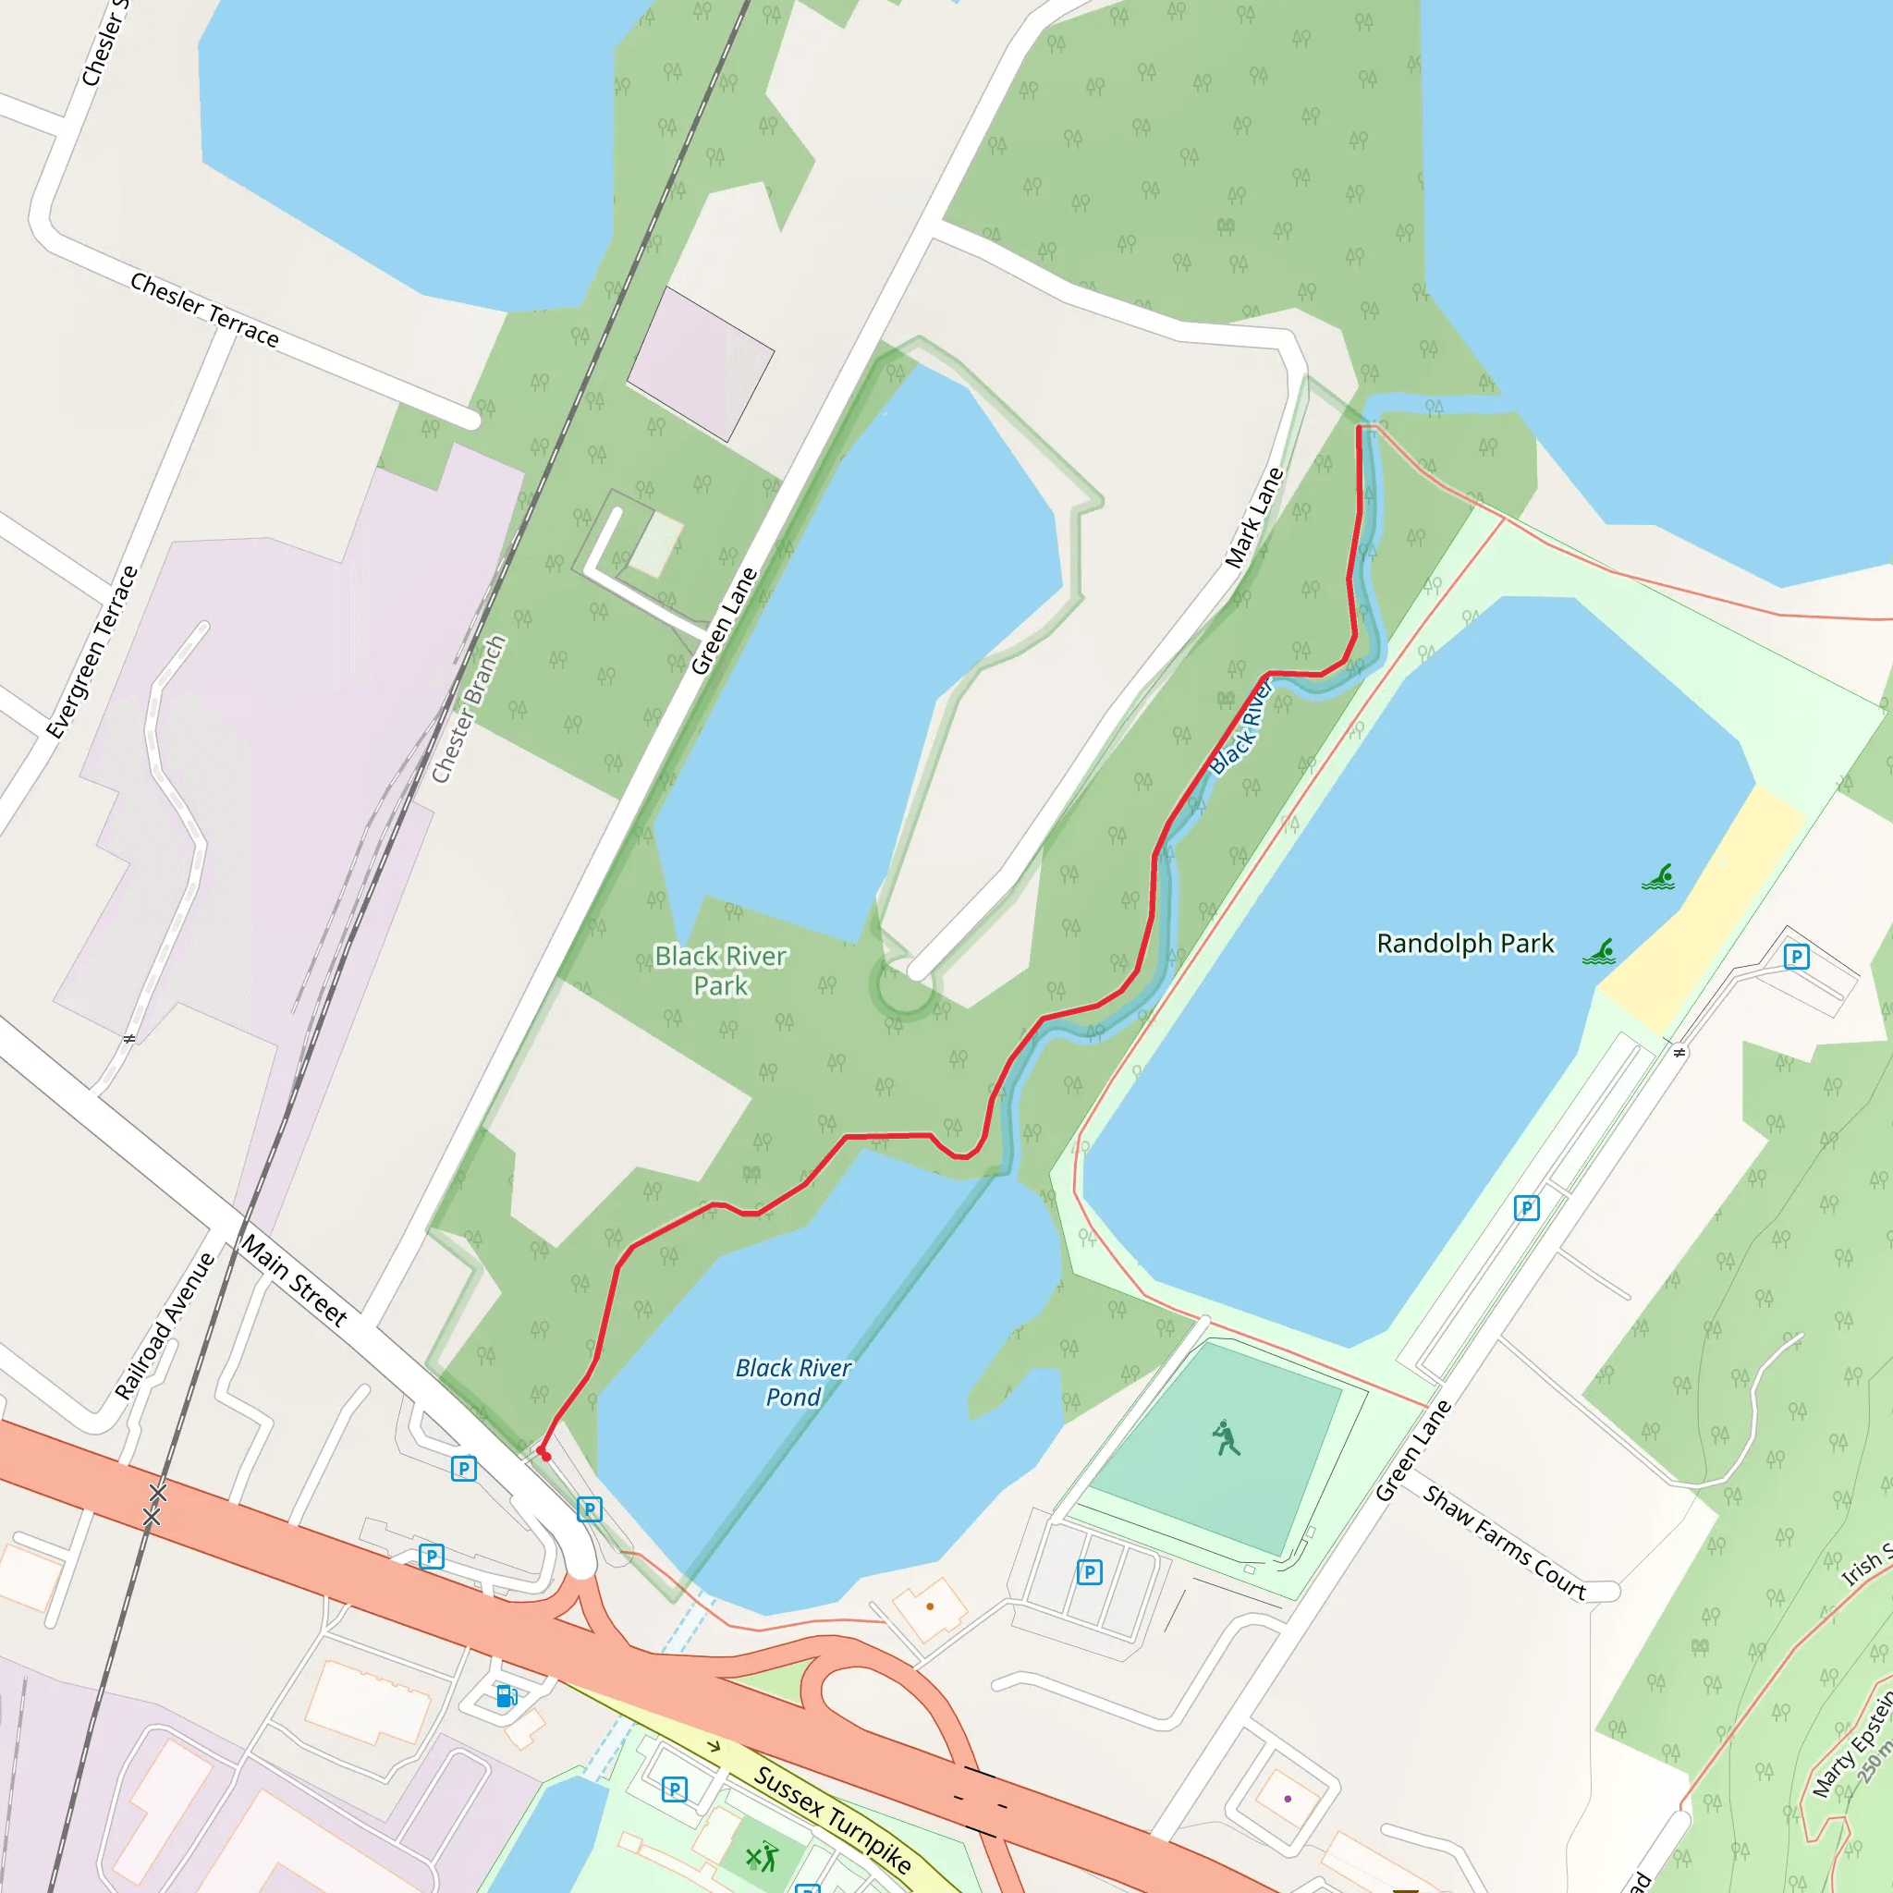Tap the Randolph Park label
pyautogui.click(x=1465, y=944)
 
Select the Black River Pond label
pyautogui.click(x=793, y=1382)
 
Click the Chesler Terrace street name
pyautogui.click(x=205, y=310)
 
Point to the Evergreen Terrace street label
pyautogui.click(x=93, y=652)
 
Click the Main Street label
pyautogui.click(x=294, y=1279)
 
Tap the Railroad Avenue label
pyautogui.click(x=165, y=1325)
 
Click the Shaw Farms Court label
pyautogui.click(x=1504, y=1544)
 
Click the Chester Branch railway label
pyautogui.click(x=470, y=708)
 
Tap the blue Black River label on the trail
pyautogui.click(x=1240, y=727)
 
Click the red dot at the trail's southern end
pyautogui.click(x=545, y=1457)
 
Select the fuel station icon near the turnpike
pyautogui.click(x=507, y=1696)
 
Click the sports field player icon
pyautogui.click(x=1225, y=1438)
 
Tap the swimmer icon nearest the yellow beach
pyautogui.click(x=1658, y=877)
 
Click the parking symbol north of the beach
pyautogui.click(x=1795, y=957)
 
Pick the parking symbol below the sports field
pyautogui.click(x=1089, y=1572)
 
